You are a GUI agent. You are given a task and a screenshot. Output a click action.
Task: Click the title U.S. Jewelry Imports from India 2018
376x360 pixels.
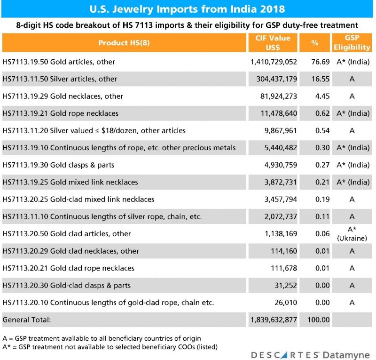click(188, 9)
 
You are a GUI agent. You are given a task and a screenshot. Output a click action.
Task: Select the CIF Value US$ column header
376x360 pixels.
click(274, 42)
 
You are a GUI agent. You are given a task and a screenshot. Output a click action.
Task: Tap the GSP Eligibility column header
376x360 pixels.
click(352, 42)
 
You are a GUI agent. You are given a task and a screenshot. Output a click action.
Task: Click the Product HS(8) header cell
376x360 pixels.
click(124, 43)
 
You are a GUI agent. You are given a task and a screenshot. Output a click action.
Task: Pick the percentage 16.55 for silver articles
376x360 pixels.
click(315, 79)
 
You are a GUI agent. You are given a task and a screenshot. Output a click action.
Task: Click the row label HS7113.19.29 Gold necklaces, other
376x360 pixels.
click(63, 96)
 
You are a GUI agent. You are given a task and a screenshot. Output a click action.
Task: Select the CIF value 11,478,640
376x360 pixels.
click(277, 113)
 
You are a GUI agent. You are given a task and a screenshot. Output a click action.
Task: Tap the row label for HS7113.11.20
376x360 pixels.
click(94, 130)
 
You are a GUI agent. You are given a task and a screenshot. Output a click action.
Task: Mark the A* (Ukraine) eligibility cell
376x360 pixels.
click(352, 234)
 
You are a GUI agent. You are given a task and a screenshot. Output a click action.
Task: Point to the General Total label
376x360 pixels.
click(26, 320)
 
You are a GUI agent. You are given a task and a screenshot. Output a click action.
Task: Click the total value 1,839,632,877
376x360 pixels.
click(273, 320)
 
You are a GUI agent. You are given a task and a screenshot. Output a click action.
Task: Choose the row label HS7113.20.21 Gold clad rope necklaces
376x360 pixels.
click(69, 268)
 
